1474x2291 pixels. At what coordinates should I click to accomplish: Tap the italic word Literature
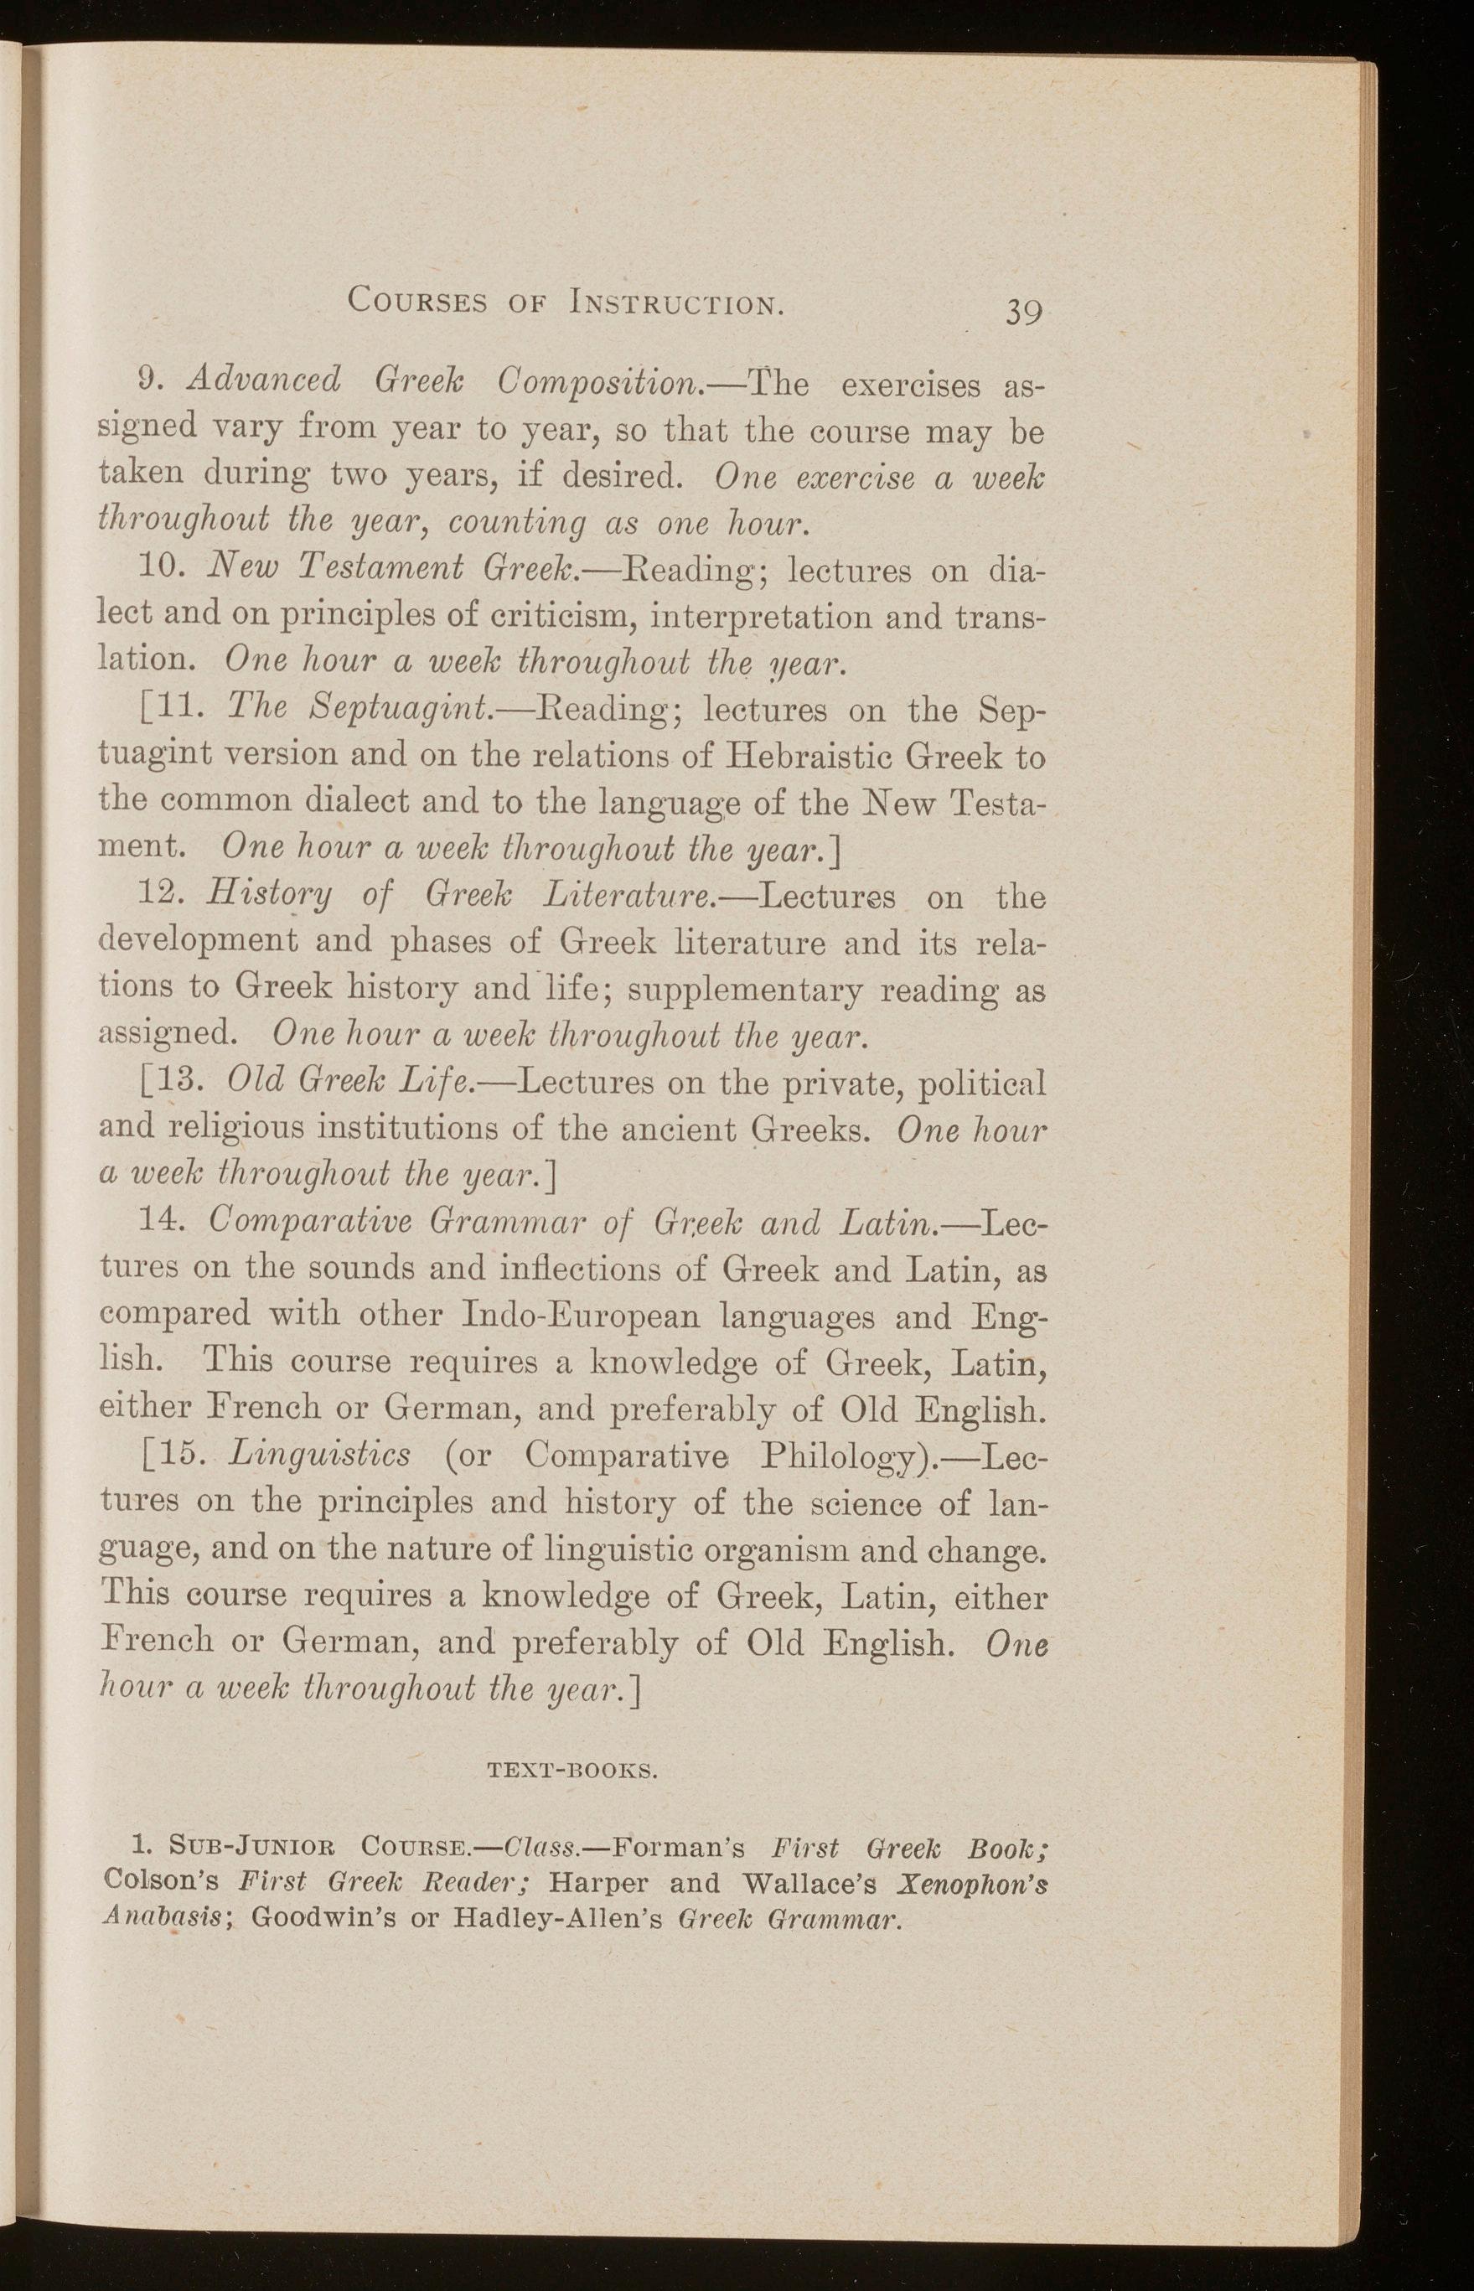click(x=625, y=897)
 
